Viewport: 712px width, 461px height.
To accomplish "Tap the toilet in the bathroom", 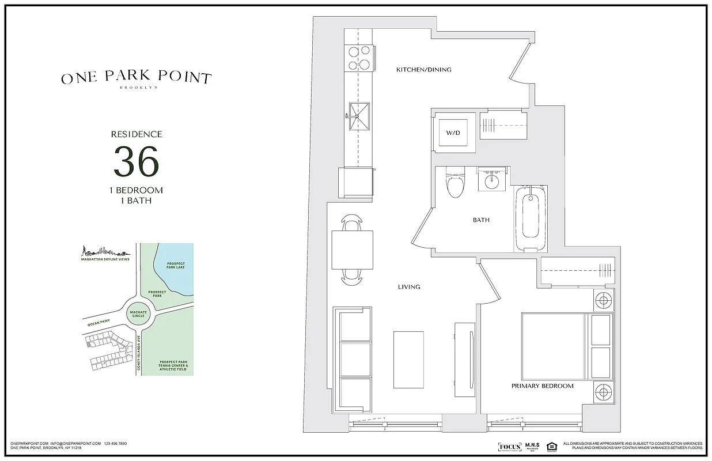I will coord(455,183).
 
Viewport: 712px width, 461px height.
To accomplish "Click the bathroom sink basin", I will coord(492,182).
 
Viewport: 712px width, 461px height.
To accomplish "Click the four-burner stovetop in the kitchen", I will coord(358,57).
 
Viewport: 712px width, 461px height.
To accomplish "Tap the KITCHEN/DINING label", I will coord(423,70).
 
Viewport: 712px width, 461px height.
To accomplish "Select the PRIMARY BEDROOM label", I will coord(542,386).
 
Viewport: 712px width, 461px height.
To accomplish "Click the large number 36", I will coord(136,162).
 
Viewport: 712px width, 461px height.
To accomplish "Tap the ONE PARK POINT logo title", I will coord(137,78).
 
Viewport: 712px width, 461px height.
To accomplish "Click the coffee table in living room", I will coord(408,360).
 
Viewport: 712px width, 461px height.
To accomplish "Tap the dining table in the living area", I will coord(352,250).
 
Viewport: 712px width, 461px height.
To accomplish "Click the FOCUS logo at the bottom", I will coord(509,447).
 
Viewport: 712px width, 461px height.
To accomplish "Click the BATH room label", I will coord(481,220).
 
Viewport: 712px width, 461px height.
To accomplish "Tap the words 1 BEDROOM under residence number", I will coord(136,190).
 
